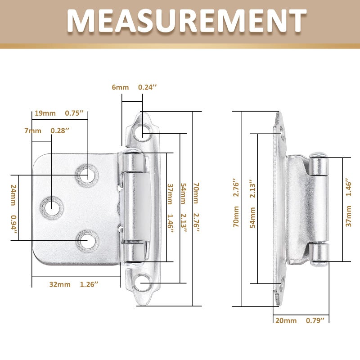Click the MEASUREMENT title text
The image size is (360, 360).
[187, 21]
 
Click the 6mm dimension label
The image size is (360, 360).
[120, 87]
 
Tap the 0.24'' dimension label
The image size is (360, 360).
[148, 87]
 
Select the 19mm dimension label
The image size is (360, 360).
[45, 113]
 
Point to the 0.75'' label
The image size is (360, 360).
[74, 113]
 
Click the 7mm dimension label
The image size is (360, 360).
[33, 131]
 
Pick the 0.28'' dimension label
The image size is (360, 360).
[60, 130]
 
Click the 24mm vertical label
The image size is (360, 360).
[13, 195]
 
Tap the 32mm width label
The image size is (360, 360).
[60, 284]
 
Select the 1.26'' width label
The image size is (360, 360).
[89, 284]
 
